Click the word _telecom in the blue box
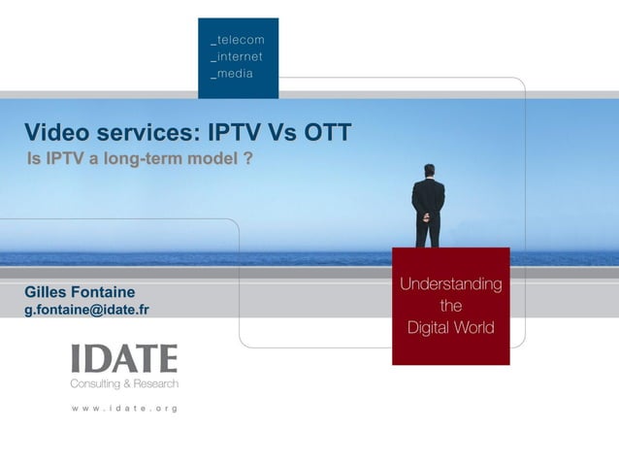click(238, 40)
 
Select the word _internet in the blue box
click(238, 57)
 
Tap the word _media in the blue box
click(233, 75)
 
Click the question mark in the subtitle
click(249, 157)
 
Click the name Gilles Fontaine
click(80, 292)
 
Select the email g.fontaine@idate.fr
click(86, 311)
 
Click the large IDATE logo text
click(124, 359)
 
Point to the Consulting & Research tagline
click(124, 383)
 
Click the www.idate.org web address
click(124, 409)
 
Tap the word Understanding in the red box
click(451, 284)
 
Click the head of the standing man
click(428, 171)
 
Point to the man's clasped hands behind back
click(428, 208)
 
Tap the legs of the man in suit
click(428, 231)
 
